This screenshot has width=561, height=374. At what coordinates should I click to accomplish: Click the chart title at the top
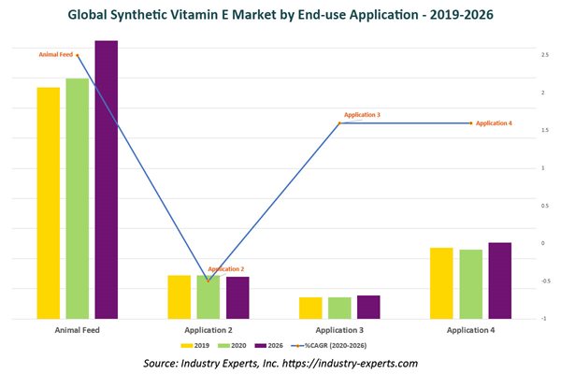pos(280,15)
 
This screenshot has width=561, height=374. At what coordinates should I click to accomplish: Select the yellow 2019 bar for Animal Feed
pos(49,202)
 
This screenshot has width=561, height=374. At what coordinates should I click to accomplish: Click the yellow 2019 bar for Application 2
pos(180,296)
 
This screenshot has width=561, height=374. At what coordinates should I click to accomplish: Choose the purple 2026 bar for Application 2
pos(237,297)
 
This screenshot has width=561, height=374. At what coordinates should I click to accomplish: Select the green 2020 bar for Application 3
pos(340,308)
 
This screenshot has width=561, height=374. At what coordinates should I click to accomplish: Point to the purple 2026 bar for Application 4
pos(500,280)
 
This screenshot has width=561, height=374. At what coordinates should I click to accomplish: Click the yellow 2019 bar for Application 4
pos(441,282)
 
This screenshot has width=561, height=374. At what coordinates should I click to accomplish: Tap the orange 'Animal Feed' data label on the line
pos(56,55)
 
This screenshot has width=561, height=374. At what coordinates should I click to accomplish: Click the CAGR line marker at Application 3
pos(340,123)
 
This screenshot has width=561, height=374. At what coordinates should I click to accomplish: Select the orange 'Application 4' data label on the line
pos(494,123)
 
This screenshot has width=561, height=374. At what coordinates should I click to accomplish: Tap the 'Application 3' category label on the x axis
pos(339,330)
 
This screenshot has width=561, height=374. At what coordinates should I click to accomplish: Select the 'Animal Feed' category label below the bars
pos(78,330)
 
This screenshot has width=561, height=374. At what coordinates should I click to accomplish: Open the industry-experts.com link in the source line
pos(349,363)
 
